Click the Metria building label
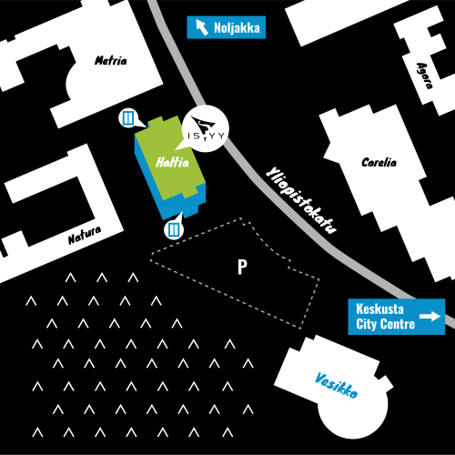111,60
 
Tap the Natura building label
85,236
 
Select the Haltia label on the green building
172,162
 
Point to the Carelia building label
379,162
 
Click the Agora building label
424,76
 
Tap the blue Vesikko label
337,385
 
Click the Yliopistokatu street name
301,200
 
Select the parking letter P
242,267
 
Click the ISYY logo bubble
205,128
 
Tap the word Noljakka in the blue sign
237,28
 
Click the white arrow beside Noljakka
202,27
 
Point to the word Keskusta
379,309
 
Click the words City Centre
385,324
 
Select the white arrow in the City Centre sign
430,317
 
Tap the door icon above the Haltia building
128,117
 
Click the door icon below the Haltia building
174,229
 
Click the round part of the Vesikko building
353,412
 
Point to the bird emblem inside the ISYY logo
202,124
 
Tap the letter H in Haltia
160,163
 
